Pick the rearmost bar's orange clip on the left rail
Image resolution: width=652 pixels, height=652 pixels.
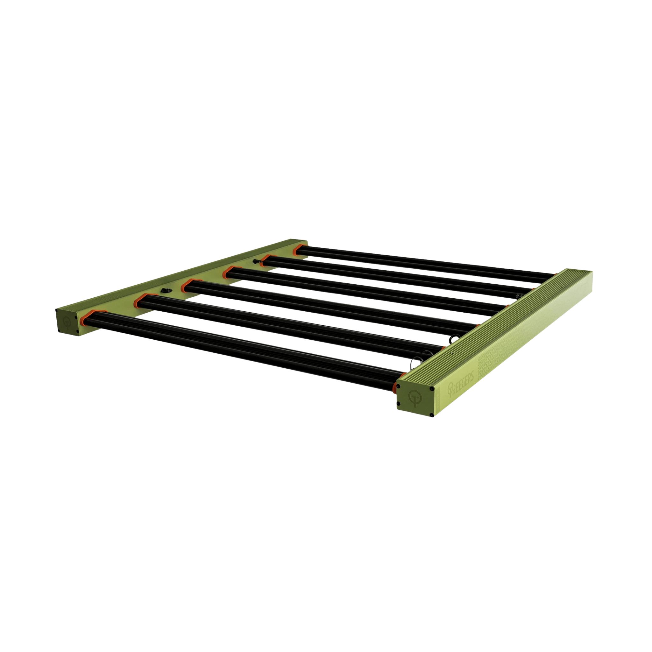(x=298, y=249)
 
